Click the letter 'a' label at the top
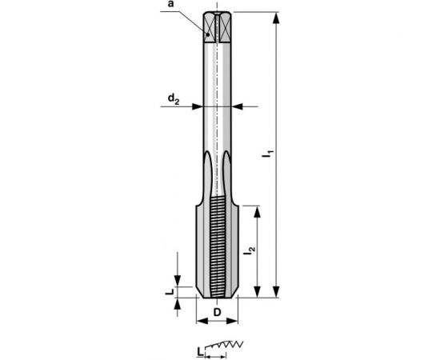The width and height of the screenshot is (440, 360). point(172,5)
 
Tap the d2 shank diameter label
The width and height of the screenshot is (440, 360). point(174,98)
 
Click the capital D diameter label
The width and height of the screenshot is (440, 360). point(218,311)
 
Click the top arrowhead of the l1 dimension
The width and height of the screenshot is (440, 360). point(276,18)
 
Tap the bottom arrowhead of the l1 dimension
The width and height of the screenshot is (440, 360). point(276,292)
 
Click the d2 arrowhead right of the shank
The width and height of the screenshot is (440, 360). point(238,106)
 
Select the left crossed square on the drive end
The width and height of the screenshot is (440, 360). point(210,29)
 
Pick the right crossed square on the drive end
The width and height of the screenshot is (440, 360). point(226,29)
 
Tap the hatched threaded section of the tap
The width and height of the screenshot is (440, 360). point(218,248)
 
